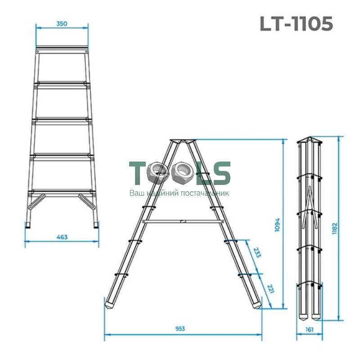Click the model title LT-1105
(x=296, y=24)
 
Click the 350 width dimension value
(x=62, y=23)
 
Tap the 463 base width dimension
(x=62, y=237)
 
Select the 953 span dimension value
(x=180, y=328)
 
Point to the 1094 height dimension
(x=277, y=224)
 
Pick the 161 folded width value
(x=309, y=329)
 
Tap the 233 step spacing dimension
(x=257, y=252)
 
